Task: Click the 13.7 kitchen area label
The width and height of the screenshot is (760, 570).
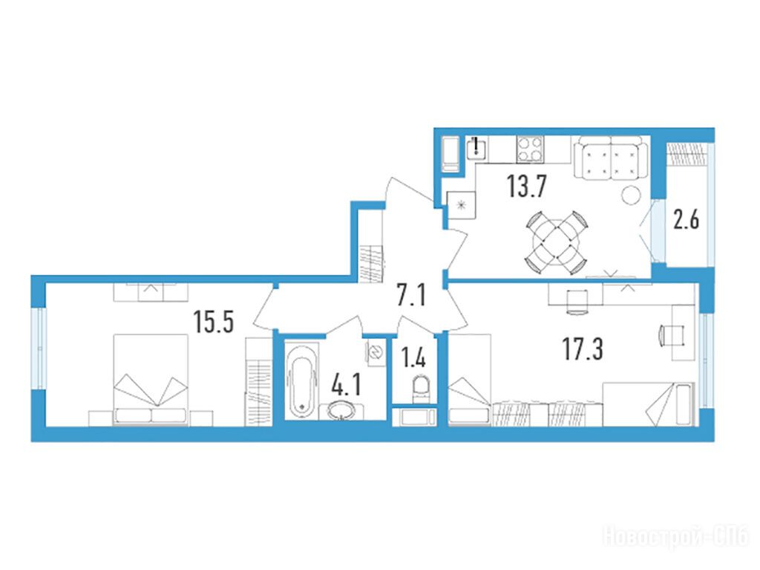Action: click(x=527, y=187)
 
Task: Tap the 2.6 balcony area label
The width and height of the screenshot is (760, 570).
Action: click(x=687, y=220)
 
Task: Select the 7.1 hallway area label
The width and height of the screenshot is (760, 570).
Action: click(x=411, y=295)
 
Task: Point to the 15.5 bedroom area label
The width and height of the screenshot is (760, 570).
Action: click(x=213, y=321)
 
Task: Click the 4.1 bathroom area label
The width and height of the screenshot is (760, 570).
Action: click(x=346, y=386)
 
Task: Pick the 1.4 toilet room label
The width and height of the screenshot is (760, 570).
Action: click(x=413, y=358)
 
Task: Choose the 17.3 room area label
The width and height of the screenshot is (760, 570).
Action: click(x=583, y=349)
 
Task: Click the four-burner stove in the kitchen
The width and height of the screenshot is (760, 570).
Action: click(x=530, y=149)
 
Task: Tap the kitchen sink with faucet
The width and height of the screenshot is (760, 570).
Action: click(x=477, y=148)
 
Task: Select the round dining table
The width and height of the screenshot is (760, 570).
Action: click(x=556, y=242)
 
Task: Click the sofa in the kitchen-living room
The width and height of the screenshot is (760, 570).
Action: click(x=610, y=158)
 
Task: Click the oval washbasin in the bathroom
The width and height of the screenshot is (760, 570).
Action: click(x=341, y=411)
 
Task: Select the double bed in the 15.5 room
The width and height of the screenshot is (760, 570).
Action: click(x=150, y=380)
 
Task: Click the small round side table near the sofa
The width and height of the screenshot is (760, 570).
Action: click(x=632, y=195)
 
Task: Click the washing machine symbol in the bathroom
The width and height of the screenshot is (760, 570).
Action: click(x=376, y=351)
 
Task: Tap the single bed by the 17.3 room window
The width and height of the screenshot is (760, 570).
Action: click(x=649, y=404)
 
